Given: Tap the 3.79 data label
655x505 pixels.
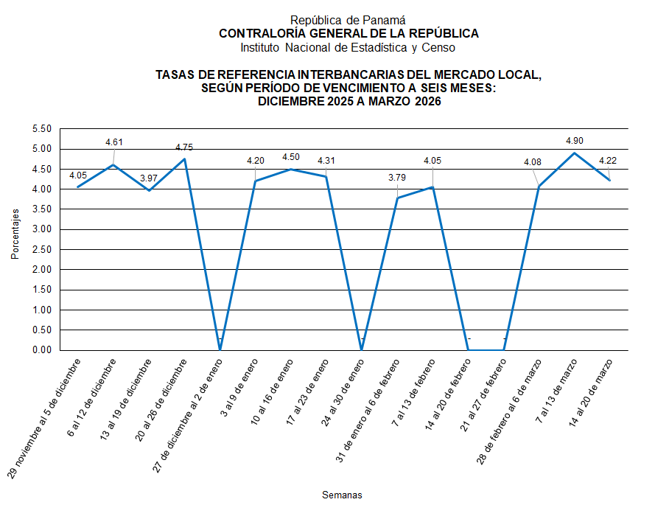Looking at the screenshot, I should (397, 177).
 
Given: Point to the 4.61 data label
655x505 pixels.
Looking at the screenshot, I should (115, 142).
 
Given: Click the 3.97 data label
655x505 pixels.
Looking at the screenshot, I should (150, 178).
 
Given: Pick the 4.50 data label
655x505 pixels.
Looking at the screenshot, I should (292, 157).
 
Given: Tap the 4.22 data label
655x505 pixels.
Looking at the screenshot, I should (608, 161).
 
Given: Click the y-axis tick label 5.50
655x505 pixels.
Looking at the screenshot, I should (42, 129).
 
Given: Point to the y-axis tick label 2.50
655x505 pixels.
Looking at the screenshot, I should (42, 250).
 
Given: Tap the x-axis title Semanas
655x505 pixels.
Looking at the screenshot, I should (342, 495).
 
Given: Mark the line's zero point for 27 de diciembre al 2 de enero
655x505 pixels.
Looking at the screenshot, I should (220, 349).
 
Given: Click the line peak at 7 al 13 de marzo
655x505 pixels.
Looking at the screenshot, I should (575, 153).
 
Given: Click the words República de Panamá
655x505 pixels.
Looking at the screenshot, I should (348, 20).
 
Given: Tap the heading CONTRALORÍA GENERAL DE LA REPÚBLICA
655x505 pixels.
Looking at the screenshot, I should (348, 33).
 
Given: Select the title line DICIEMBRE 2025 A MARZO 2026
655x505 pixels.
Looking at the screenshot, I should (348, 102).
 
